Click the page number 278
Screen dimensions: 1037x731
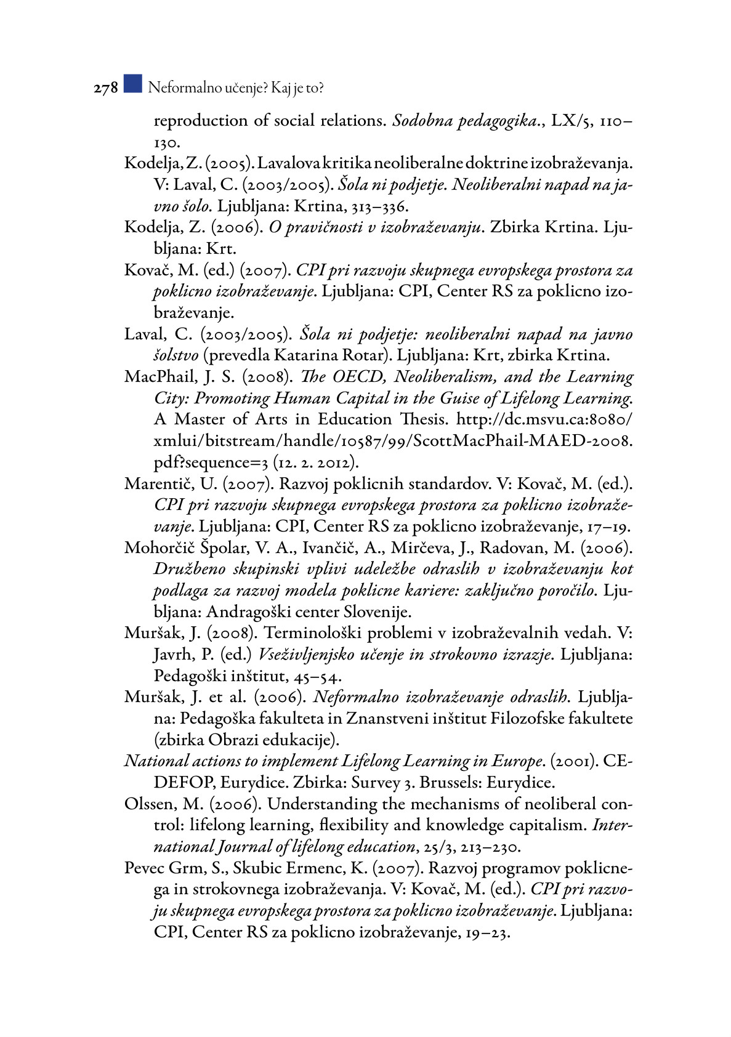click(105, 89)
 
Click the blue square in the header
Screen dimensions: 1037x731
click(132, 84)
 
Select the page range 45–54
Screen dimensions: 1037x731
click(315, 676)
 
